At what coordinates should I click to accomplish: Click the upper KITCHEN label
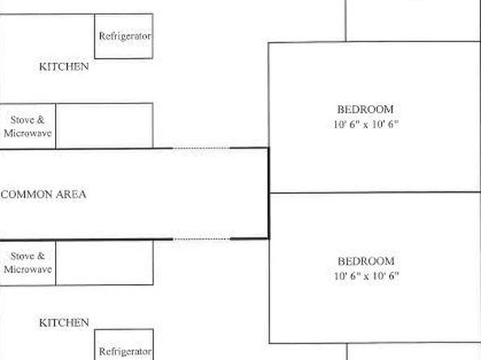64,67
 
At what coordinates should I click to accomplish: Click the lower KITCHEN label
64,323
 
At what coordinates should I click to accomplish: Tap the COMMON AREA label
44,195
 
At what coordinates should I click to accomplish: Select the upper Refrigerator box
123,36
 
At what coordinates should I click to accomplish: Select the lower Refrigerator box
124,345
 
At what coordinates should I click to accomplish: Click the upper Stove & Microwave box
27,126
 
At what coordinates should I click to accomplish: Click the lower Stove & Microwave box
27,262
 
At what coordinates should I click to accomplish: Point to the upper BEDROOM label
366,109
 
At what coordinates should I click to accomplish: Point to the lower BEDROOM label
366,262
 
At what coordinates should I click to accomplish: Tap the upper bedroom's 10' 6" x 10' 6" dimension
366,124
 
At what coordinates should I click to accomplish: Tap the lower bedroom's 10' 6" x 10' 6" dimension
366,276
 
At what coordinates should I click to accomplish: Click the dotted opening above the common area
201,149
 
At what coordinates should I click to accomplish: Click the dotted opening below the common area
201,239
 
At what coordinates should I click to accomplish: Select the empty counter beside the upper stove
104,126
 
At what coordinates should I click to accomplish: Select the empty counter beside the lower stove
105,262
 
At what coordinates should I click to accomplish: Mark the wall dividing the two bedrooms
374,192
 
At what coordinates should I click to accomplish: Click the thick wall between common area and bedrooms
269,193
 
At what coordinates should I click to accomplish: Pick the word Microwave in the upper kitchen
27,133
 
